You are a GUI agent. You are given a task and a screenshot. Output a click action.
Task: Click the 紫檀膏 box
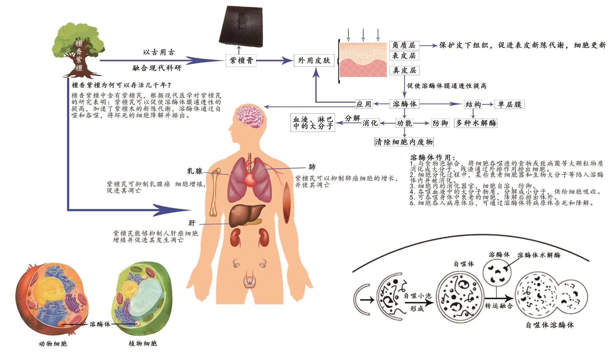click(241, 61)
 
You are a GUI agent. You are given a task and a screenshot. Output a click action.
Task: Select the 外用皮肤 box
click(314, 60)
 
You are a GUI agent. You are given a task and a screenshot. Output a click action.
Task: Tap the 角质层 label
click(404, 45)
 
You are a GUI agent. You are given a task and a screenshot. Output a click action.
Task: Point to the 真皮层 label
click(404, 70)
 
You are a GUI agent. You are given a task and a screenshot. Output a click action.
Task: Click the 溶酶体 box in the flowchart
click(404, 104)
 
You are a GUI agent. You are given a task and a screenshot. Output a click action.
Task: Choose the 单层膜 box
click(509, 104)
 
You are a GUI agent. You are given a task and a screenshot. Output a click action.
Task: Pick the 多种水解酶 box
click(476, 123)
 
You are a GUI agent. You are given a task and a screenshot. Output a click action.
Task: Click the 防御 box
click(440, 123)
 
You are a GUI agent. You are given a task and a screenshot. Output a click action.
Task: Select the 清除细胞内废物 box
click(404, 142)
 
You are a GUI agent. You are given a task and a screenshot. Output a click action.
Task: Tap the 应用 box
click(363, 104)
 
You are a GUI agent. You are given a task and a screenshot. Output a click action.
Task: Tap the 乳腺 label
click(195, 171)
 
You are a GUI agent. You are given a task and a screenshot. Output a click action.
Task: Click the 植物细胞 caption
click(143, 343)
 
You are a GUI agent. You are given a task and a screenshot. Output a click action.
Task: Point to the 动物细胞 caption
click(53, 344)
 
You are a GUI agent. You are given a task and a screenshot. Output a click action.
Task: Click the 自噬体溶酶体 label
click(550, 325)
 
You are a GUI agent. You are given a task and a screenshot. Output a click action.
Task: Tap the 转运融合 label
click(499, 306)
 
